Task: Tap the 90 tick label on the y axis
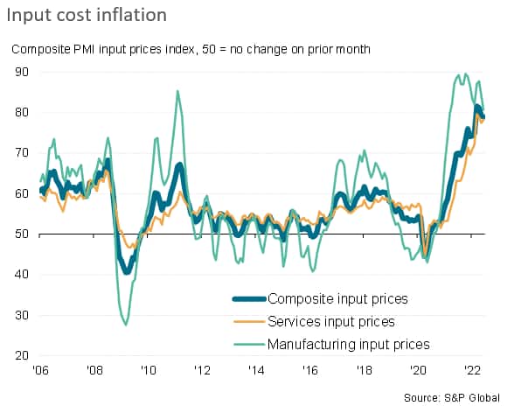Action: pos(18,71)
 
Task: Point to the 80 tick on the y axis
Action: pos(18,112)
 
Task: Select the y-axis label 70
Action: pos(18,152)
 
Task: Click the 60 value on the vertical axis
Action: pos(18,193)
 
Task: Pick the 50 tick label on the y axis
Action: pos(18,234)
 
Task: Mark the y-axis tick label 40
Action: pos(18,275)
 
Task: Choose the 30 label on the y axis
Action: pos(18,315)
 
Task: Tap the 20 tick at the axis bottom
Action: pos(18,356)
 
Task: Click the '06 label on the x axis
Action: pos(40,370)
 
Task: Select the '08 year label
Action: pos(94,370)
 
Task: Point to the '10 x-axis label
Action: pos(149,370)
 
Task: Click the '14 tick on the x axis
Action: pos(256,370)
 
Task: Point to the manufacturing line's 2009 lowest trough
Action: pos(126,325)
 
